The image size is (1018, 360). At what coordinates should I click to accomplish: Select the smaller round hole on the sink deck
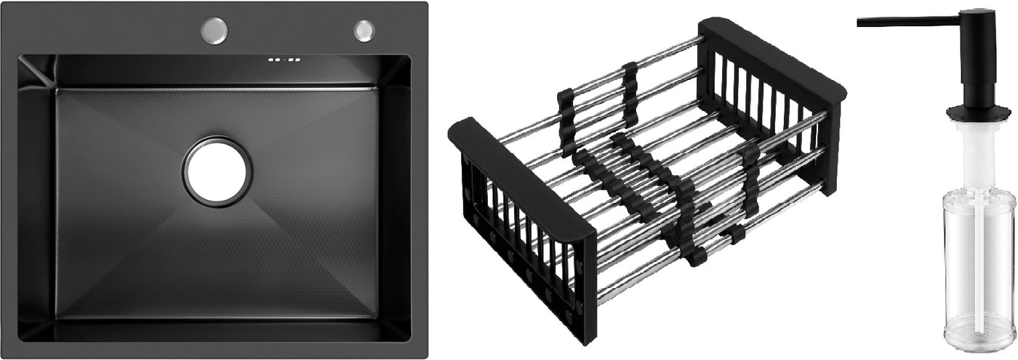[364, 30]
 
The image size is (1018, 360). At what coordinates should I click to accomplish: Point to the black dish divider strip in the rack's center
[640, 175]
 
